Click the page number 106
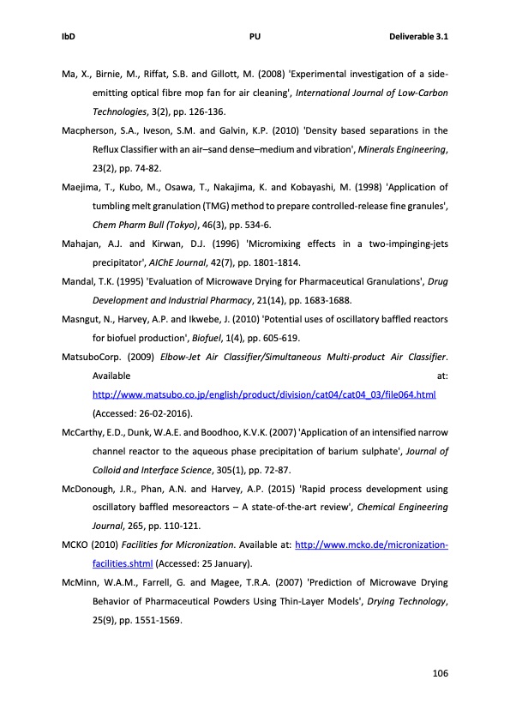440,672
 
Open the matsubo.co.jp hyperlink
264,394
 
